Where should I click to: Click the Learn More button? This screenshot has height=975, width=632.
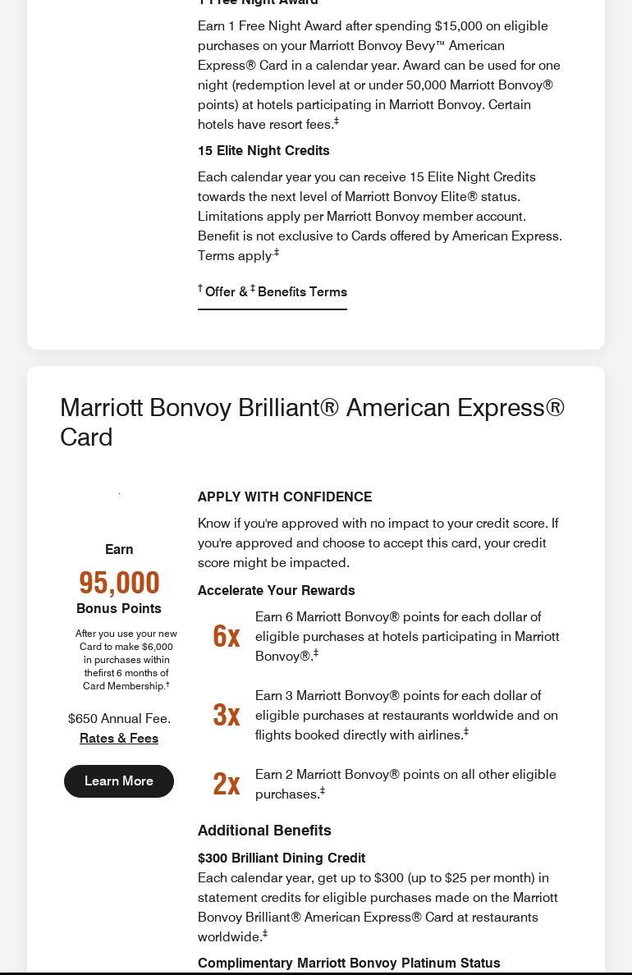point(119,780)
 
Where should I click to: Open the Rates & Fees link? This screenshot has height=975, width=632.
point(119,738)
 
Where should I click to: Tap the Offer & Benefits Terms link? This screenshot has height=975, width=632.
point(272,292)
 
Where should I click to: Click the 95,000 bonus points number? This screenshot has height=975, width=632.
point(119,582)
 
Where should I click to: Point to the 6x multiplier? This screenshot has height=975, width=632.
point(227,636)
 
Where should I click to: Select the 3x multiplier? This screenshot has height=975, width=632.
point(227,715)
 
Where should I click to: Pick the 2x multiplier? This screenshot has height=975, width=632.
point(227,784)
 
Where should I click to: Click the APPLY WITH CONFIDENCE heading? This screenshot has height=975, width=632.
point(285,497)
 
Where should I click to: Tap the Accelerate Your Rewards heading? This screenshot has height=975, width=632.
point(277,590)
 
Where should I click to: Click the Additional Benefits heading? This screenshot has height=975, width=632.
point(264,830)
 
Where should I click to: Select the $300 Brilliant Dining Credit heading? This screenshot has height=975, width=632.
point(282,858)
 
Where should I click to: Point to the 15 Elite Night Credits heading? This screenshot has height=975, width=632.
point(263,150)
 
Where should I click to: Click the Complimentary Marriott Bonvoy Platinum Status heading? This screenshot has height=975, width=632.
point(349,963)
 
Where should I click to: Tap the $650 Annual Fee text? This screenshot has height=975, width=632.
point(119,718)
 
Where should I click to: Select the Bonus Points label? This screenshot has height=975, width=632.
point(119,608)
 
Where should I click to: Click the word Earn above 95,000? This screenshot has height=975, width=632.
point(119,549)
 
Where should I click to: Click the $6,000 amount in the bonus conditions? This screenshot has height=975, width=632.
point(157,647)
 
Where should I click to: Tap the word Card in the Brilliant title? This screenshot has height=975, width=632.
point(86,437)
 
